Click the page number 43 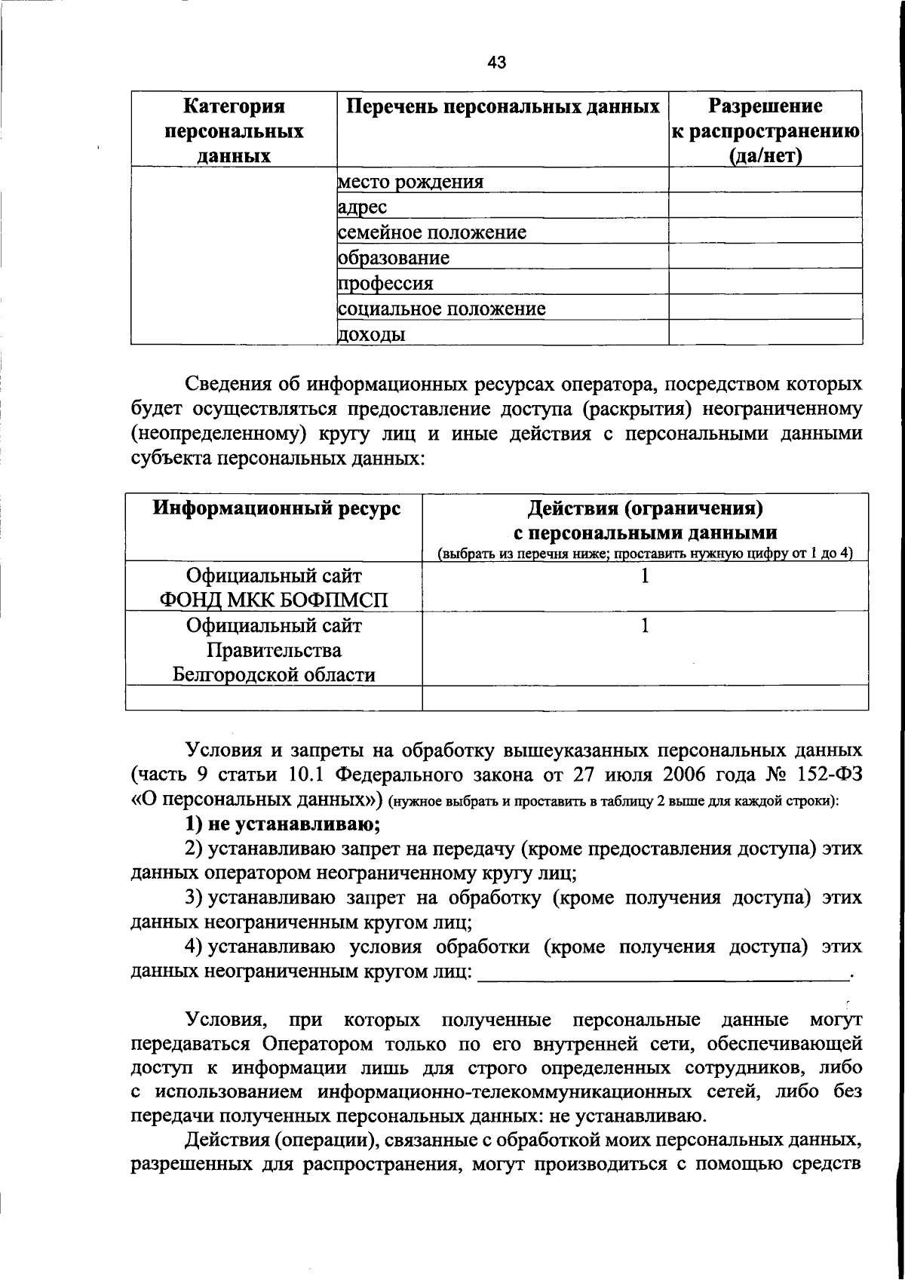496,63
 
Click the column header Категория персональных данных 234,130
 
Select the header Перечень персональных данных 502,106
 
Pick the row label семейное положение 432,232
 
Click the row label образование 394,258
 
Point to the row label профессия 386,284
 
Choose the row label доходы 372,334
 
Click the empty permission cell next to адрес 765,206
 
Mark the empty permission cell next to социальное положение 765,307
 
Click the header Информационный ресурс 277,508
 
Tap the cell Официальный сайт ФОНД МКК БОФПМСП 274,588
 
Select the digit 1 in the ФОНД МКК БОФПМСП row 645,577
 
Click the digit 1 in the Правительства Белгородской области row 645,626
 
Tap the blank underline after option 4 664,973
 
